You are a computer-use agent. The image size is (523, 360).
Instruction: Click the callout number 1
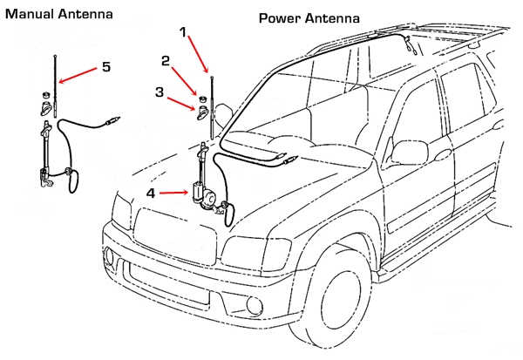point(183,31)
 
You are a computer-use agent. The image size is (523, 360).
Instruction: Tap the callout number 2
point(165,61)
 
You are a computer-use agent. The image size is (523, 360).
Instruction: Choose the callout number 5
point(105,65)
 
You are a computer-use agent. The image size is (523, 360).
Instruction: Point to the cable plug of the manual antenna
point(111,119)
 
